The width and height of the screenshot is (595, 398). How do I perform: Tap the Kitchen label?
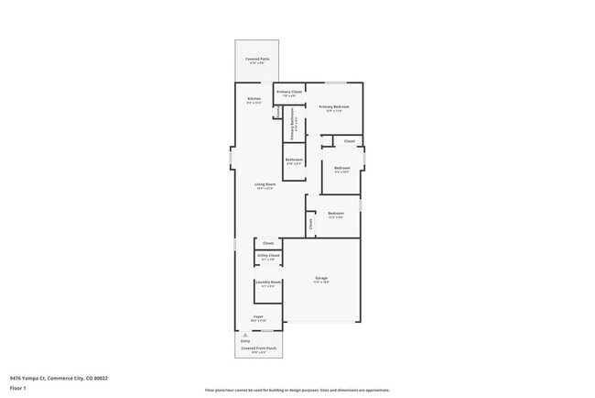[x=254, y=98]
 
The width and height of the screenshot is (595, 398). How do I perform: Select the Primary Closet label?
[x=289, y=92]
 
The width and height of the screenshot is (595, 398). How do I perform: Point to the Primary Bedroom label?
[x=335, y=107]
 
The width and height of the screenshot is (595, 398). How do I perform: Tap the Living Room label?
[x=265, y=184]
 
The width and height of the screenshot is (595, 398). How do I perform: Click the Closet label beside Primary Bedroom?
[x=350, y=141]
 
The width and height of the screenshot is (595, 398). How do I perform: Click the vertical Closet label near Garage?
[x=311, y=221]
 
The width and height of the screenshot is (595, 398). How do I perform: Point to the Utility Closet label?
[x=268, y=255]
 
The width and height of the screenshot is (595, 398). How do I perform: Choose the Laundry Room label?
[x=268, y=282]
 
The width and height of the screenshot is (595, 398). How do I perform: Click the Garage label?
[x=321, y=278]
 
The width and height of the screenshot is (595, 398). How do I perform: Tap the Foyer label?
[x=259, y=316]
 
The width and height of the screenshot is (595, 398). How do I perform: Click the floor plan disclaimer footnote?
[x=297, y=390]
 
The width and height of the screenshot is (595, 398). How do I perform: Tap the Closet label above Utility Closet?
[x=268, y=243]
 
